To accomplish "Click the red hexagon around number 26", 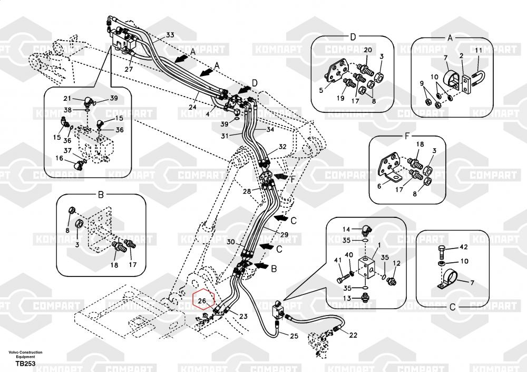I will point(203,301).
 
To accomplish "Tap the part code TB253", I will point(25,364).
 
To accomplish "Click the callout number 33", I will point(170,35).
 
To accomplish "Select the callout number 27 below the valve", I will point(129,70).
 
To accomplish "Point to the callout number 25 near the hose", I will point(294,336).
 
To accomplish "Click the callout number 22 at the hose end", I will point(353,335).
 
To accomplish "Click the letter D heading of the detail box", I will point(353,37).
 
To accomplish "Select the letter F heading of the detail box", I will point(407,136).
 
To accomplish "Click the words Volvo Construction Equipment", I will point(25,355).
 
